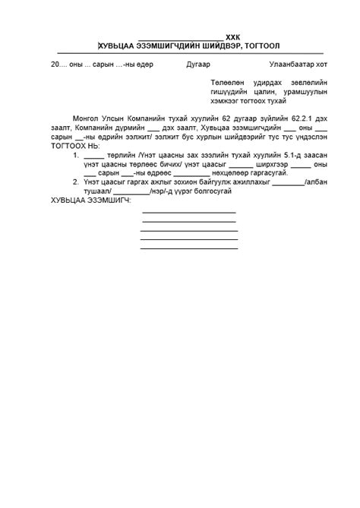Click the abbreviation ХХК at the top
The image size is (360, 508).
233,36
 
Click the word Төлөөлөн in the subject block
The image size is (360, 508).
226,82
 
